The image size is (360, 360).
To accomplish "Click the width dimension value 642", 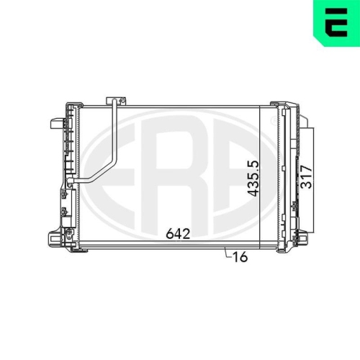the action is (x=178, y=233).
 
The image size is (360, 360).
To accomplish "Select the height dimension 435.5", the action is (x=253, y=179).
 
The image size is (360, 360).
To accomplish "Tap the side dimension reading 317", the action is (x=307, y=176).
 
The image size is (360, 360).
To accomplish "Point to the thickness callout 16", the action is (x=240, y=257).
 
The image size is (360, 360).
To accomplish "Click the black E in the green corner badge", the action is (x=336, y=22).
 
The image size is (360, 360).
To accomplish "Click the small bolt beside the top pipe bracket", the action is (x=122, y=101).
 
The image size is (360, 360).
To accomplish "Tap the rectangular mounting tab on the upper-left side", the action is (x=57, y=124).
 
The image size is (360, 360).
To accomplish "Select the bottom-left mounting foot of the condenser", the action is (x=56, y=239).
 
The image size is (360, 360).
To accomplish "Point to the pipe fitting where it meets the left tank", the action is (x=70, y=181).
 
